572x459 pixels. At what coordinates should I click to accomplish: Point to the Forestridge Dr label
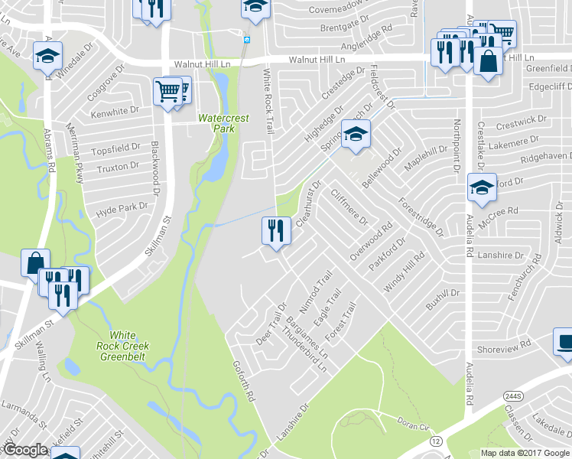click(x=419, y=218)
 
